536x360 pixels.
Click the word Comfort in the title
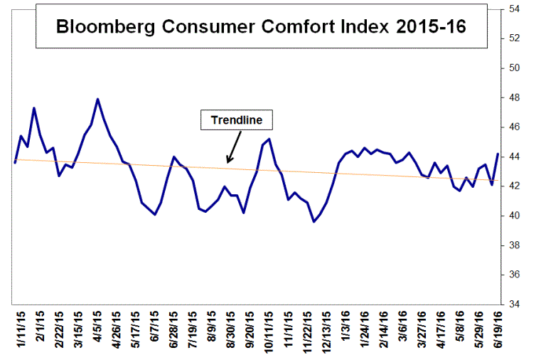coord(279,27)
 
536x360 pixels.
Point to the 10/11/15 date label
coord(269,331)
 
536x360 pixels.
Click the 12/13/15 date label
coord(327,331)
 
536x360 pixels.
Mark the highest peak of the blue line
coord(97,99)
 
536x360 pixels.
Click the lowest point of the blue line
coord(313,221)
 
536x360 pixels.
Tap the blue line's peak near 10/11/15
coord(269,139)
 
